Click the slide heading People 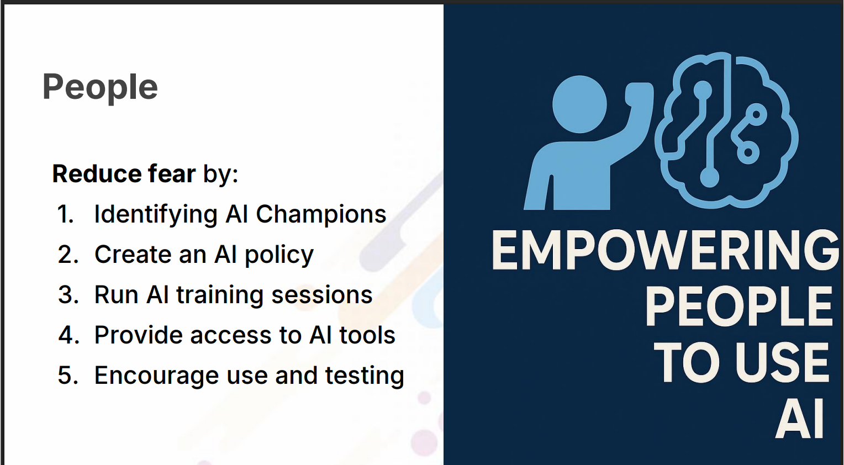(x=100, y=87)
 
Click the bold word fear (x=171, y=174)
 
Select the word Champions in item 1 (x=321, y=214)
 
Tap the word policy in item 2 (x=279, y=255)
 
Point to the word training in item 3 (x=220, y=295)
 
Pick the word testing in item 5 (x=365, y=376)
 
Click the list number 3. (x=68, y=295)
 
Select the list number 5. (x=68, y=376)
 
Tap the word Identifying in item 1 (x=156, y=214)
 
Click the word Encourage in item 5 (x=156, y=376)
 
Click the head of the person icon (x=579, y=104)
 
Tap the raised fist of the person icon (x=639, y=94)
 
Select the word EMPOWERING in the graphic (x=666, y=251)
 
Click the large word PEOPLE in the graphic (x=739, y=306)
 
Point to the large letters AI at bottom (x=800, y=418)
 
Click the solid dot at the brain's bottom (x=710, y=178)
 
